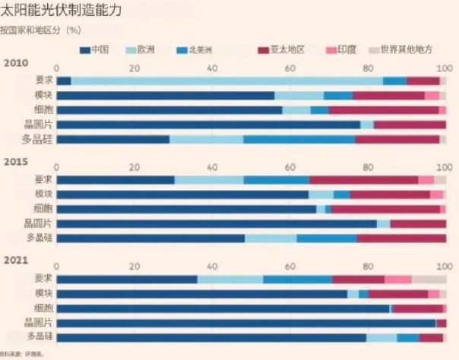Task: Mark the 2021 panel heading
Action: (x=16, y=261)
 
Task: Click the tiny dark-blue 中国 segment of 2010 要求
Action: (x=64, y=81)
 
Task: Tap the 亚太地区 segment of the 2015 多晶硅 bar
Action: (x=401, y=238)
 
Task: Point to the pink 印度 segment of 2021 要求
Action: (x=398, y=279)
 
